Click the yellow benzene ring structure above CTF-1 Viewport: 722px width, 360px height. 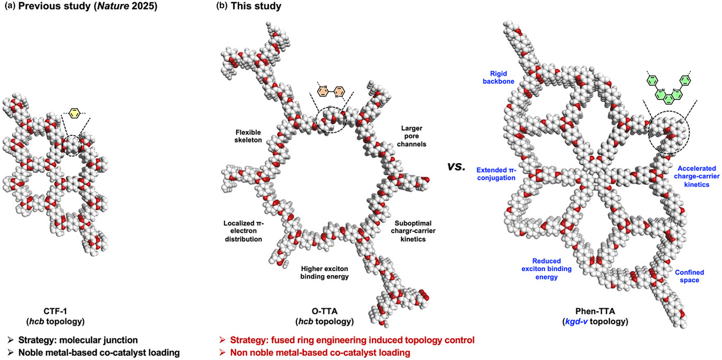(74, 112)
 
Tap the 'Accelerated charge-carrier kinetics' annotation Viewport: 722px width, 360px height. (692, 176)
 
